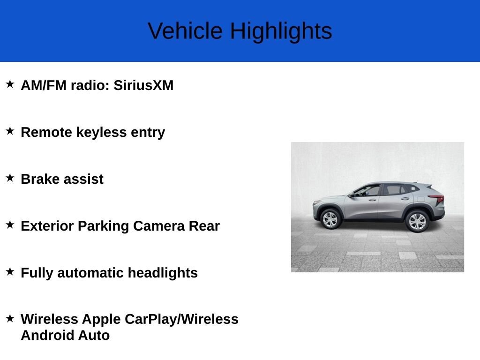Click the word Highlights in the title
[281, 31]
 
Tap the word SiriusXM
[143, 85]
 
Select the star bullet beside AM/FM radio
[10, 84]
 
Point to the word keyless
[101, 133]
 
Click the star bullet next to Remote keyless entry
[10, 131]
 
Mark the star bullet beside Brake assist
[10, 178]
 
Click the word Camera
[159, 226]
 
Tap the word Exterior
[47, 226]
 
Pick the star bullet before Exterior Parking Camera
[10, 225]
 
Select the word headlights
[163, 273]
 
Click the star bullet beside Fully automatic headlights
[10, 271]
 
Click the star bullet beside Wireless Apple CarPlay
[10, 318]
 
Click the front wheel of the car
[330, 219]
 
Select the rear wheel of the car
[417, 221]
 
